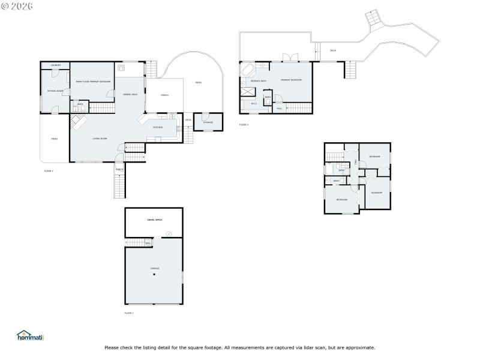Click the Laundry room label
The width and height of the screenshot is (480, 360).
point(55,65)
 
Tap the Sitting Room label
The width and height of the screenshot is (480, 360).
point(55,91)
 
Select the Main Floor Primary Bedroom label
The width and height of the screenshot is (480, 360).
point(92,82)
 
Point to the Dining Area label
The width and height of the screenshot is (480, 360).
point(130,94)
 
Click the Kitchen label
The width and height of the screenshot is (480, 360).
point(158,127)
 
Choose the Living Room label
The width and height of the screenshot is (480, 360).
point(100,139)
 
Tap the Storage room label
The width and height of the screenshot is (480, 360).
point(208,122)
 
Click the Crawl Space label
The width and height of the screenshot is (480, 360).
point(154,220)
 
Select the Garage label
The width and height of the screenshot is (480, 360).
point(154,268)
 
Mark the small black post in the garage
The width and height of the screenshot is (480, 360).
point(154,275)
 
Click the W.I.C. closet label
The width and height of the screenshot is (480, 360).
point(254,103)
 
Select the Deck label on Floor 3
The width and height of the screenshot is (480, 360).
point(333,50)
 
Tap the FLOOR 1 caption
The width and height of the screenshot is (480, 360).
point(129,313)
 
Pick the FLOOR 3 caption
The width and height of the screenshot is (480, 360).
point(244,125)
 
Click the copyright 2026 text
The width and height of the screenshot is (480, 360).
point(17,5)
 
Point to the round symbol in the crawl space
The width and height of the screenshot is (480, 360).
point(168,233)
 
